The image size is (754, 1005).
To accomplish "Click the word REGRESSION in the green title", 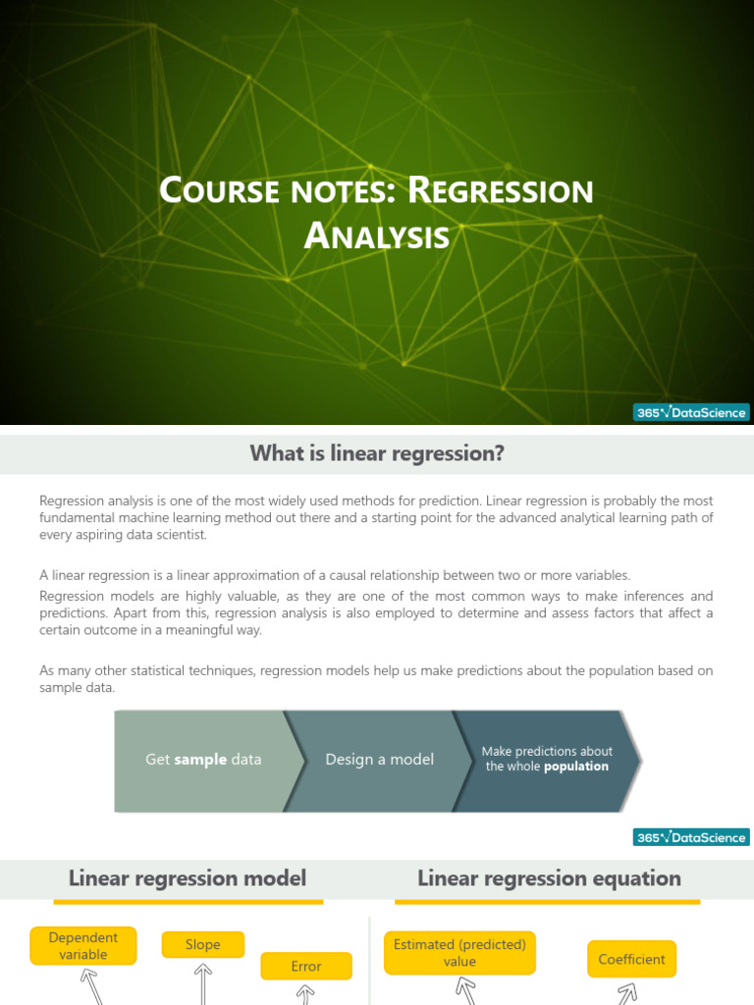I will [x=502, y=191].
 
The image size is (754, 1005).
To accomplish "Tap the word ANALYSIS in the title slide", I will [x=377, y=237].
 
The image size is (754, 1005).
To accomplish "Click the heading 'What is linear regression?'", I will [x=377, y=453].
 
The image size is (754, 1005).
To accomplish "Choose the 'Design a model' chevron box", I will [x=379, y=760].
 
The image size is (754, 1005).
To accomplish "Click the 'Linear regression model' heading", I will [x=187, y=877].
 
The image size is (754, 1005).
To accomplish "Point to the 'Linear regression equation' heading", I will [x=549, y=877].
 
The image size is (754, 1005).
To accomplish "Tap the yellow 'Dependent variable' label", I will [x=83, y=946].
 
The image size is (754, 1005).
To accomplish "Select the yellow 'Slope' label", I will [x=202, y=945].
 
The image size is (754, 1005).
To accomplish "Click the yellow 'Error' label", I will [x=306, y=967].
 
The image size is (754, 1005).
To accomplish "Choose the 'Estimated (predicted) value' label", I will [x=459, y=953].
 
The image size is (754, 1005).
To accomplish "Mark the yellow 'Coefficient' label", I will [x=631, y=960].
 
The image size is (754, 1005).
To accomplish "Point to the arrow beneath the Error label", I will [x=306, y=993].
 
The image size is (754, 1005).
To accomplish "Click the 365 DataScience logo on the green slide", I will [x=691, y=413].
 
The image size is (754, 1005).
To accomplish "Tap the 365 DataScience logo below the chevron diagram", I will [x=691, y=837].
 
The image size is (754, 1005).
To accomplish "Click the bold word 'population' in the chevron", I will [x=576, y=767].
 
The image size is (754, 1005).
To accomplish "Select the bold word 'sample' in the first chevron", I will [x=200, y=760].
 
